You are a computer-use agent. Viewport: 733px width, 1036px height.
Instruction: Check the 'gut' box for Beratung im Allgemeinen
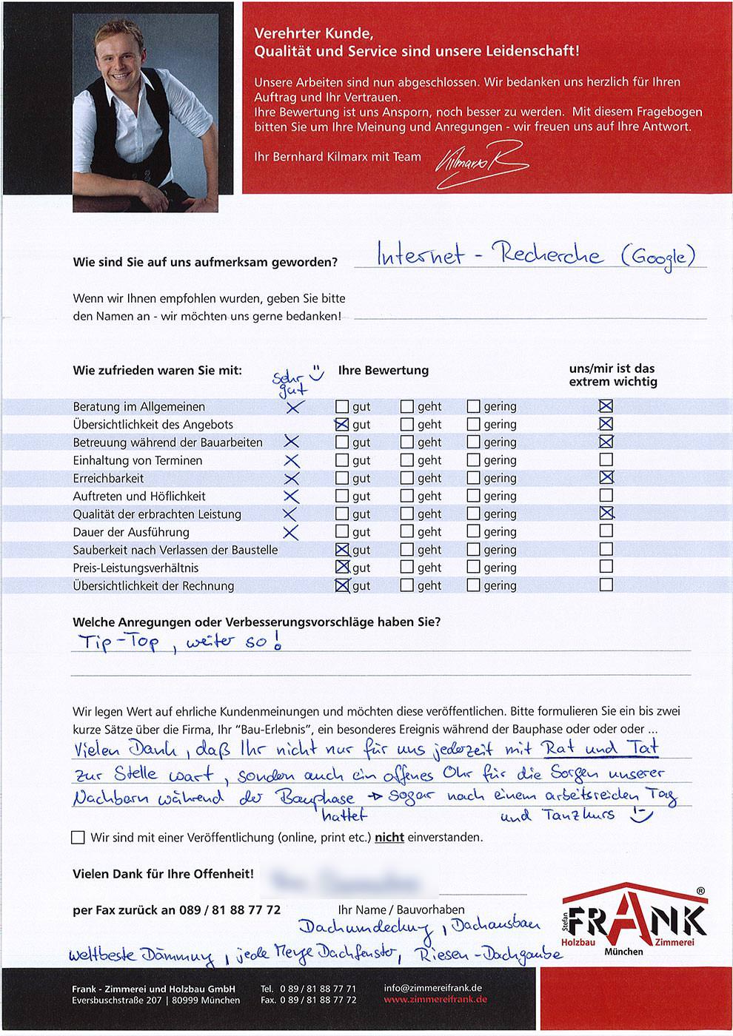point(341,406)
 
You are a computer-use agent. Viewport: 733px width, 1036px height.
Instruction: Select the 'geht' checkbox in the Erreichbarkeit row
point(407,478)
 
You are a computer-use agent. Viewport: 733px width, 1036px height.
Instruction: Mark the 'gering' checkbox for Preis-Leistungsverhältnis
point(473,568)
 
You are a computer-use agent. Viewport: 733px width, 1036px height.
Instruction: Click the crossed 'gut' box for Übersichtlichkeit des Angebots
point(341,425)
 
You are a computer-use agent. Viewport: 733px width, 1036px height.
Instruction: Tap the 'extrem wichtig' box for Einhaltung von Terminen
point(606,460)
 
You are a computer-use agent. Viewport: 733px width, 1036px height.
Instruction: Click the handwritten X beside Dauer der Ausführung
point(290,532)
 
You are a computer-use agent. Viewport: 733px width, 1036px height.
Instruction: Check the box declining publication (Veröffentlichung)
point(78,838)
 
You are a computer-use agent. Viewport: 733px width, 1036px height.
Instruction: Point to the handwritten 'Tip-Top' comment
point(119,642)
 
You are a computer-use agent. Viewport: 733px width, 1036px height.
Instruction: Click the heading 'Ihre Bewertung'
point(383,370)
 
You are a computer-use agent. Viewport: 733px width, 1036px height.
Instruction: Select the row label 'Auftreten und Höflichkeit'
point(139,496)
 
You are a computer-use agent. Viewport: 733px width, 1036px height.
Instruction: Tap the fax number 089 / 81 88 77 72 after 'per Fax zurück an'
point(230,910)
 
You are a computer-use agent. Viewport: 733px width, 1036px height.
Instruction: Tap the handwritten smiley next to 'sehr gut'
point(316,373)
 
